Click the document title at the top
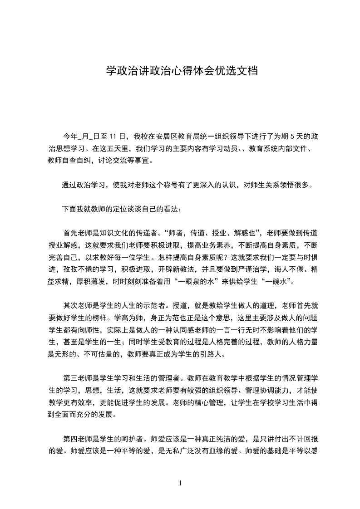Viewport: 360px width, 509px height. tap(182, 71)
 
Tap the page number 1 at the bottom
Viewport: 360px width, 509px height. tap(181, 483)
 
